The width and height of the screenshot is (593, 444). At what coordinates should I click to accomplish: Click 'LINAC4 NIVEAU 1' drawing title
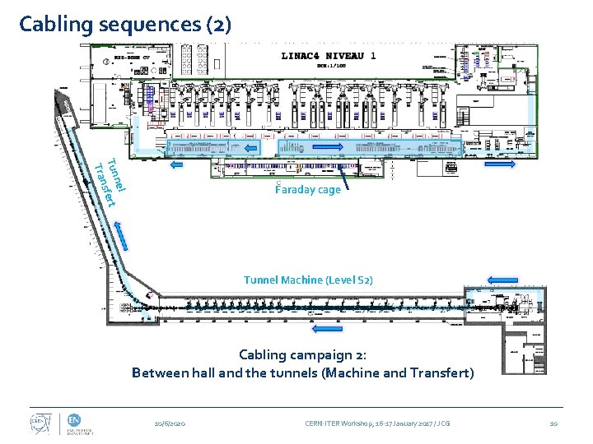[x=329, y=56]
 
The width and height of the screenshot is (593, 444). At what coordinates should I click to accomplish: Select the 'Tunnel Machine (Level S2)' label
[x=308, y=280]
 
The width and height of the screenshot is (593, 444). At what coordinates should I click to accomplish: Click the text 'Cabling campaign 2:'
[x=302, y=355]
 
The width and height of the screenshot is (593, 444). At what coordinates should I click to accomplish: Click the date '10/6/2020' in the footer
[x=170, y=423]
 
